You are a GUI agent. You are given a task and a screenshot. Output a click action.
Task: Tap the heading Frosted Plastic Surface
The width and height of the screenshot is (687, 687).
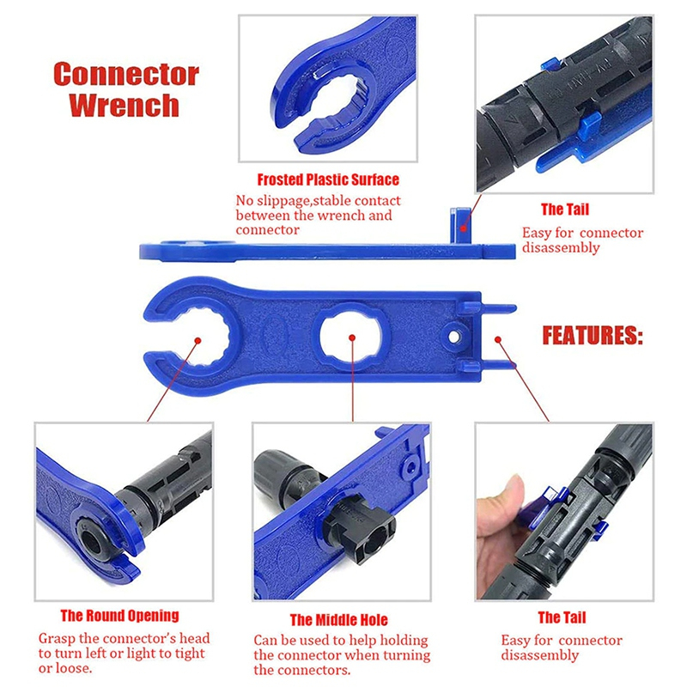click(x=328, y=179)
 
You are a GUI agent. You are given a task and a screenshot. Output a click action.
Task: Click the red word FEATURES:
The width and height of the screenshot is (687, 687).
click(x=592, y=335)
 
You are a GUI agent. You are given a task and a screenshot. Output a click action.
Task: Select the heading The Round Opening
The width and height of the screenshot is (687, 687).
click(x=119, y=615)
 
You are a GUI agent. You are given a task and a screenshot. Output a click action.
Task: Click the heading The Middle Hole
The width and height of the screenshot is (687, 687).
click(x=338, y=619)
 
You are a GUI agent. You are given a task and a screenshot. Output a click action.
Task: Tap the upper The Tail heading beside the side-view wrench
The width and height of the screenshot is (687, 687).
click(x=564, y=209)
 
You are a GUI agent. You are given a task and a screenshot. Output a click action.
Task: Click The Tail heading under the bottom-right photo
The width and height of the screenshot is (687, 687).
click(x=562, y=617)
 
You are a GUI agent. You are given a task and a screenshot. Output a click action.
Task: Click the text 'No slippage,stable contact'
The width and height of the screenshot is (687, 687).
click(x=318, y=201)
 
